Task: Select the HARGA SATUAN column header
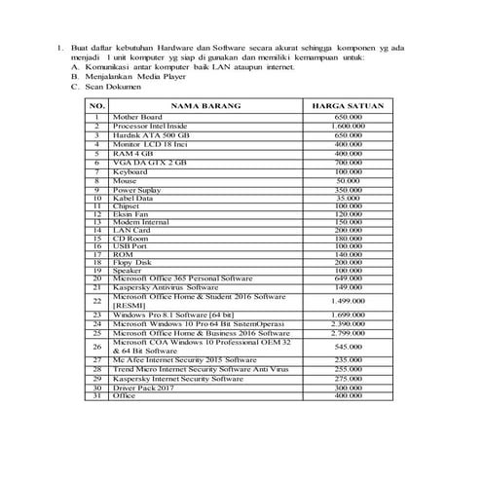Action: (x=348, y=104)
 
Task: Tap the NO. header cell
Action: (x=97, y=104)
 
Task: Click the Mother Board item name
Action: (x=135, y=117)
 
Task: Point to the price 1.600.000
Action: (x=348, y=127)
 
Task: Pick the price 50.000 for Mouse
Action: (x=348, y=180)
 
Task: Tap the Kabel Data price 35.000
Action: (x=348, y=198)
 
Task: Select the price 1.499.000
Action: (x=348, y=302)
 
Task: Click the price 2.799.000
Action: (x=348, y=333)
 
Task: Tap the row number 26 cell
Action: (x=97, y=347)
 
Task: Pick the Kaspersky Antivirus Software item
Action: (x=166, y=288)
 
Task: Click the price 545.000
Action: (x=348, y=347)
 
